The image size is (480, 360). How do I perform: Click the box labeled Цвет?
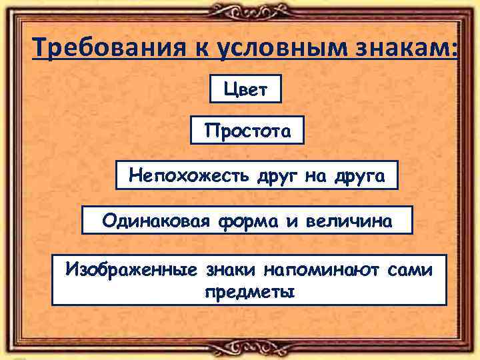click(x=245, y=89)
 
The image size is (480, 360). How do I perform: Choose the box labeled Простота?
click(x=247, y=131)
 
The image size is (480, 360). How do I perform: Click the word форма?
click(x=251, y=220)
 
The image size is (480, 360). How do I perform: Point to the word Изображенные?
click(x=131, y=270)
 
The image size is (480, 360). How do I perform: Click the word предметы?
click(x=249, y=291)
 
